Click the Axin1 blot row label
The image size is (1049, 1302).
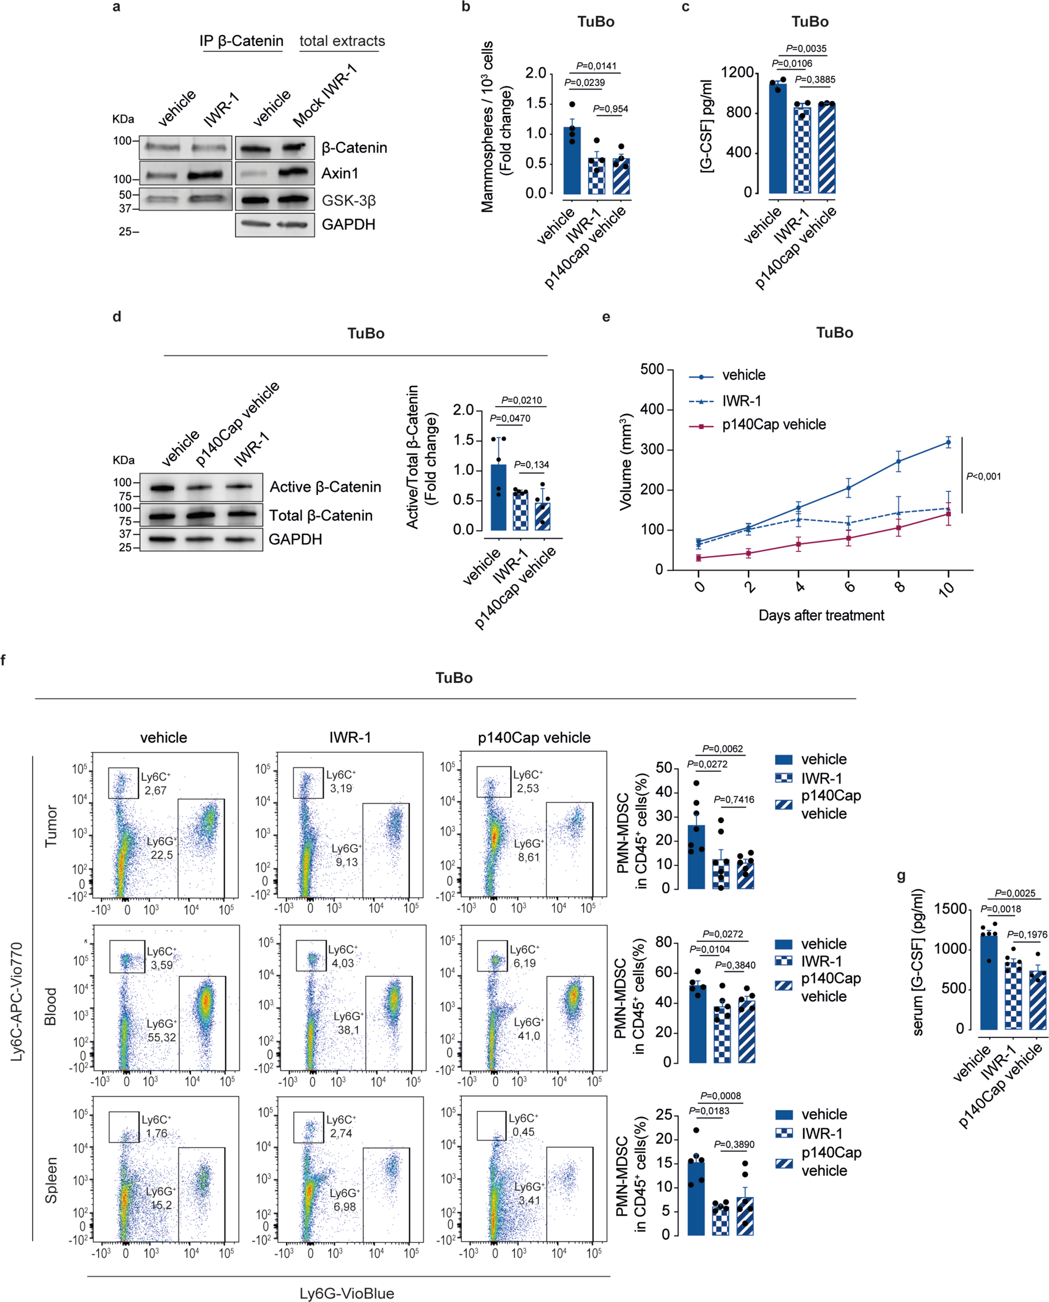coord(340,174)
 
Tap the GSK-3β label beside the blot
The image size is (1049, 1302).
coord(349,201)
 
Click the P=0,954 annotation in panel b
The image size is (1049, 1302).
coord(610,109)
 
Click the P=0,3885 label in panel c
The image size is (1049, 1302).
coord(814,80)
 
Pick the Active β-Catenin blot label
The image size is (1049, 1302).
coord(325,487)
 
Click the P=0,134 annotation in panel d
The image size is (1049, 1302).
coord(531,465)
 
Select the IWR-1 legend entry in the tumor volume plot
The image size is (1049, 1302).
coord(741,400)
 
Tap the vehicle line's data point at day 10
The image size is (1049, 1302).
coord(948,443)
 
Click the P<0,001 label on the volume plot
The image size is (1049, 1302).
coord(983,476)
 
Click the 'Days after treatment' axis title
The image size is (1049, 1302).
coord(821,615)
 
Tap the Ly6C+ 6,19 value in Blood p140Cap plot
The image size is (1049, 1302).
coord(524,963)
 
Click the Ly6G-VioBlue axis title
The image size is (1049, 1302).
coord(347,1293)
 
